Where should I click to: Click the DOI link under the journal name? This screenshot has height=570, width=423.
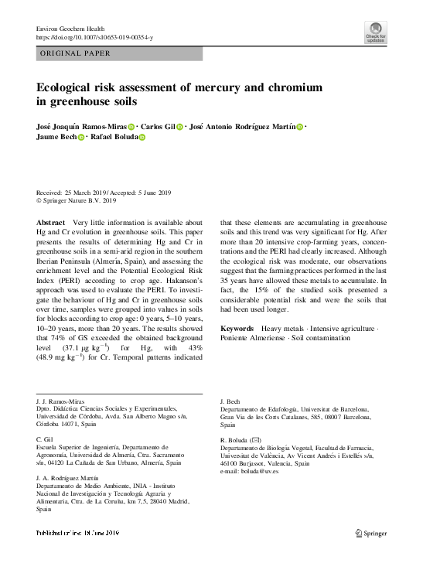click(x=95, y=37)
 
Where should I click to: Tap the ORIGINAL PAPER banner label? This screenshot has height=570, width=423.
click(x=75, y=53)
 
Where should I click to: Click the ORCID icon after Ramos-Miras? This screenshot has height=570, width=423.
click(x=131, y=127)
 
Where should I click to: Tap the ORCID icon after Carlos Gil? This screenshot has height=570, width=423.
click(x=179, y=127)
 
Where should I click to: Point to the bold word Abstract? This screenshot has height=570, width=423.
click(x=50, y=223)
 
